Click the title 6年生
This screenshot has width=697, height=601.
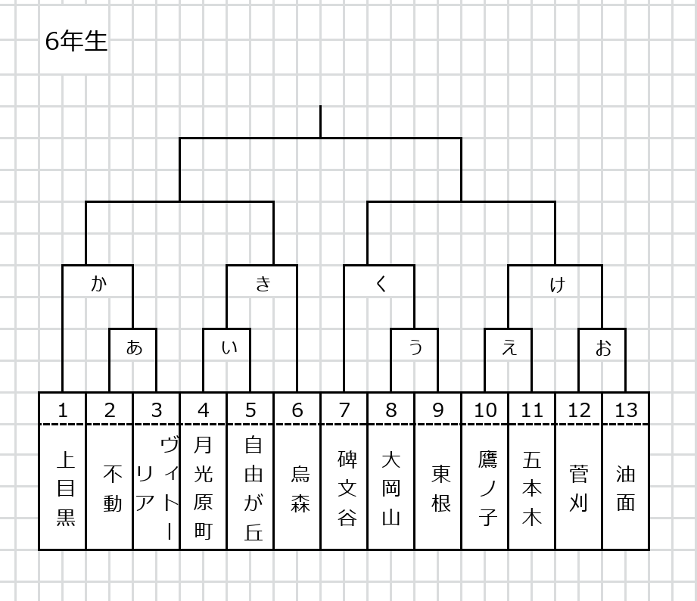point(76,42)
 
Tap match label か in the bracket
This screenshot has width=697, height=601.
point(98,283)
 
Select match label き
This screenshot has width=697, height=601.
point(263,283)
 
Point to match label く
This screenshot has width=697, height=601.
point(381,283)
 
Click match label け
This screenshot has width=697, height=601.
point(557,284)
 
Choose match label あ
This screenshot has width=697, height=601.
point(134,347)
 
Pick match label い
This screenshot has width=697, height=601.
point(229,347)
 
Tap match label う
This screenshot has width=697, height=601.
point(415,347)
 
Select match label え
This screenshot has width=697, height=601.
point(509,347)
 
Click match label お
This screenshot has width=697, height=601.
point(603,348)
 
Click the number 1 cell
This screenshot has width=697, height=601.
point(62,409)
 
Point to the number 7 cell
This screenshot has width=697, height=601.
point(344,409)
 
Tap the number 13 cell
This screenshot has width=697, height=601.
point(626,409)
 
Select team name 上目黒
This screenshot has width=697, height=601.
point(65,488)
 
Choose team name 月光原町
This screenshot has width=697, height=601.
point(203,487)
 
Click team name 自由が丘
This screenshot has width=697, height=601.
point(254,488)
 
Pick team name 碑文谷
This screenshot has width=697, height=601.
point(347,488)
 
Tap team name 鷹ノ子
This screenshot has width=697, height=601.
point(487,488)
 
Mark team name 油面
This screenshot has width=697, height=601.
point(625,488)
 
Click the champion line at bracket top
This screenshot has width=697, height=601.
point(320,122)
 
